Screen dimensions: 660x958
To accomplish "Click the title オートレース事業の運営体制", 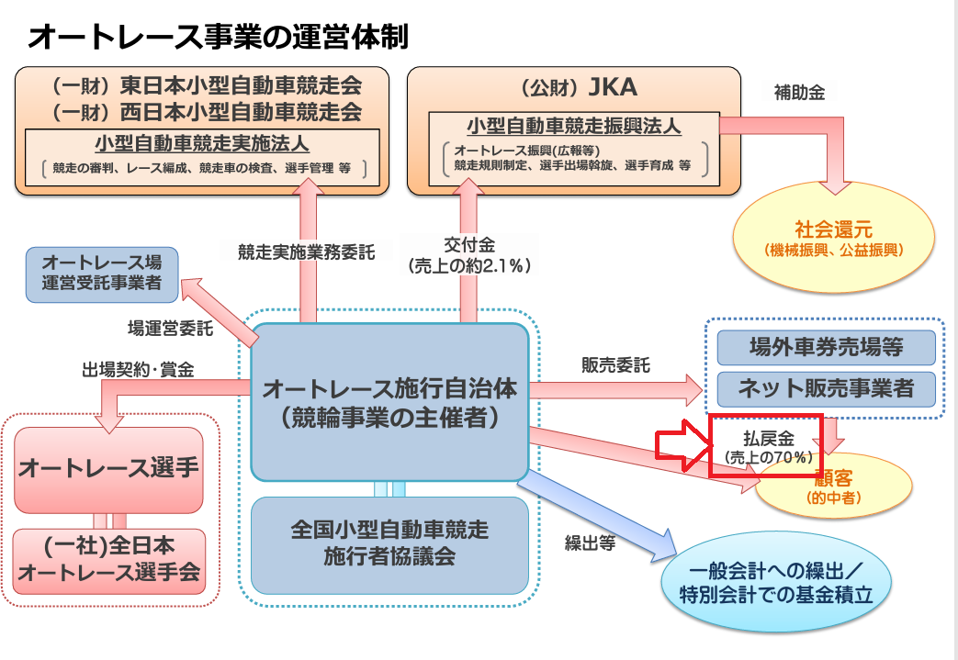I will [x=219, y=36].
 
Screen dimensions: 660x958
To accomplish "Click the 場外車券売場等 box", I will [x=826, y=348].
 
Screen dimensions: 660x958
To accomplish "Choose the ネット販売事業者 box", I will [x=826, y=388].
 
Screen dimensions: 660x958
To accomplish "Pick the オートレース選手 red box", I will [x=109, y=469].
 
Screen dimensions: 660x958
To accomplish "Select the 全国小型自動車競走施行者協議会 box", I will [x=390, y=543].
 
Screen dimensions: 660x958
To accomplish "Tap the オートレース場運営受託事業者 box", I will [x=102, y=273].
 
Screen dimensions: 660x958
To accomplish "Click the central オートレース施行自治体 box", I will [x=390, y=402].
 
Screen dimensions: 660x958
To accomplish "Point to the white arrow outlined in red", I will [x=682, y=445].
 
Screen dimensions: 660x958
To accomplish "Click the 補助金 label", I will [x=799, y=92].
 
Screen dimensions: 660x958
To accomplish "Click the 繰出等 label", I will [x=590, y=542].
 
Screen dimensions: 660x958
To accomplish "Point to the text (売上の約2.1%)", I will [x=469, y=266].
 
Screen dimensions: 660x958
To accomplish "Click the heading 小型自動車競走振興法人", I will [x=574, y=124].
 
